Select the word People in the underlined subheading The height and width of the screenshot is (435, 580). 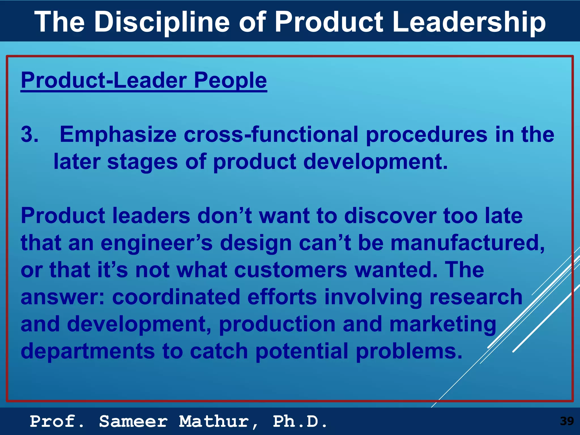click(230, 80)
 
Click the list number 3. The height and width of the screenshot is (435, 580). click(29, 134)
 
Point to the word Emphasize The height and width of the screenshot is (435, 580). click(118, 134)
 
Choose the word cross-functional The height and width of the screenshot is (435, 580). click(271, 134)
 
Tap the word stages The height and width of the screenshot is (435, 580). click(142, 161)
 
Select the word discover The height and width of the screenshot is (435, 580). click(390, 216)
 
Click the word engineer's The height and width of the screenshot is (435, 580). click(156, 243)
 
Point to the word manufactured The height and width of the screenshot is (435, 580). click(468, 243)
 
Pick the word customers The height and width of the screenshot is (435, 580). click(291, 270)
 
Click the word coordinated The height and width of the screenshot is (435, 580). click(176, 297)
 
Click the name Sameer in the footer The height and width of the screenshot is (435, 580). click(133, 421)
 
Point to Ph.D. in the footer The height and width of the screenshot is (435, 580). click(300, 421)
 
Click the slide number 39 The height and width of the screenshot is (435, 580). click(567, 421)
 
